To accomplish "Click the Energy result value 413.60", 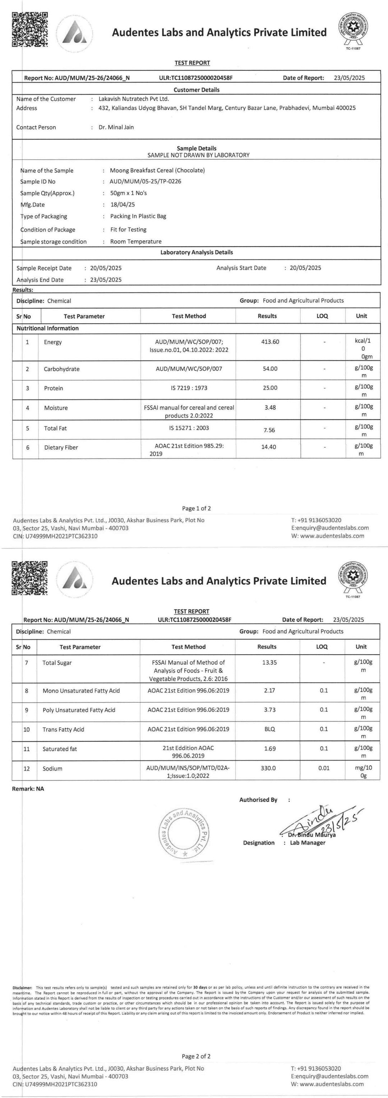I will point(270,342).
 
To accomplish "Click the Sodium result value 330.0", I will point(268,768).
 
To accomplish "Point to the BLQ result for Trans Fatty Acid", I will point(269,729).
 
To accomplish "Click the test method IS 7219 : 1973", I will point(189,388).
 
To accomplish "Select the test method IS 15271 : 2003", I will point(189,428).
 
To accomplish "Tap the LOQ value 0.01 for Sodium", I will point(324,768).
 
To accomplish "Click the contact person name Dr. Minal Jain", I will point(116,127).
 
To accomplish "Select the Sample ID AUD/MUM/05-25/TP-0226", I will point(145,182).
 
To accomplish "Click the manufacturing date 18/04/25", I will point(122,205).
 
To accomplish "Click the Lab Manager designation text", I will point(308,843).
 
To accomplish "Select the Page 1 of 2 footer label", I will point(197,509).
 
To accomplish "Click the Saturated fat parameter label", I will point(60,749).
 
